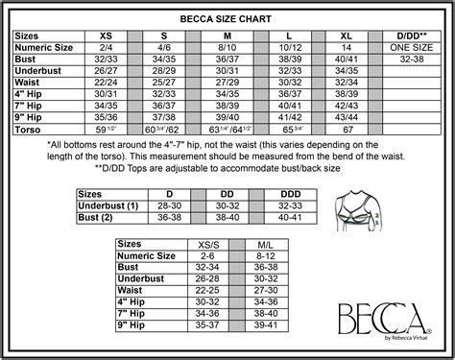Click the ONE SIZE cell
coord(413,45)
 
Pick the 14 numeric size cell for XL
coord(345,45)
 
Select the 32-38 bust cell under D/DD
coord(413,58)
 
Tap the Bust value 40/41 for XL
coord(345,58)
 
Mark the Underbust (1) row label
coord(108,205)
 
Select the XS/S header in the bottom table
coord(206,246)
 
